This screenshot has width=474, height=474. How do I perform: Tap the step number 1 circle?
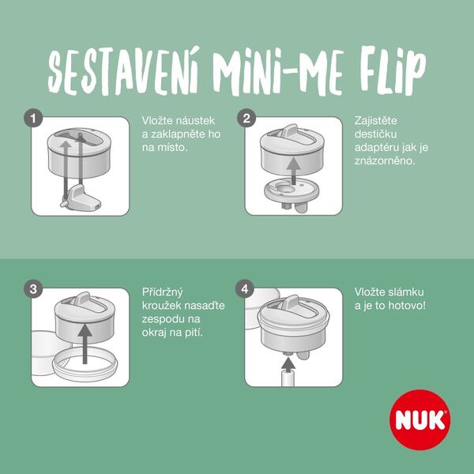click(33, 118)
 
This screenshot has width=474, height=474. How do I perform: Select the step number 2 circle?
click(246, 118)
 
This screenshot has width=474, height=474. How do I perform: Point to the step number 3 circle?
click(33, 289)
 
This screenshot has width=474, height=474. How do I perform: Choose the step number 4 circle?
click(246, 289)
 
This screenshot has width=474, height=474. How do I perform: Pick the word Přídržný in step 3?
click(163, 292)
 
